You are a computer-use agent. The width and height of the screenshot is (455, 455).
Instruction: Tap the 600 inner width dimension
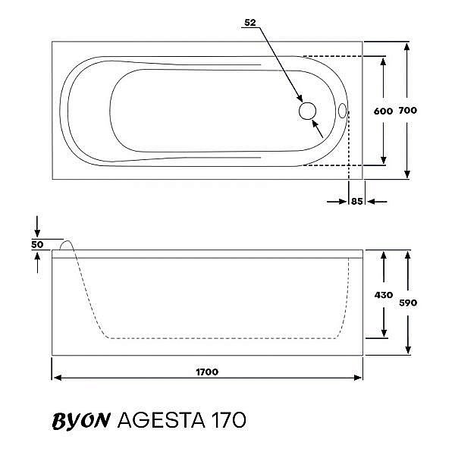coord(383,111)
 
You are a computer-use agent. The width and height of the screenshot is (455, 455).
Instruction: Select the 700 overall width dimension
coord(408,111)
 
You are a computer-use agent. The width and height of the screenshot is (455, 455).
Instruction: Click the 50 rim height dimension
coord(37,244)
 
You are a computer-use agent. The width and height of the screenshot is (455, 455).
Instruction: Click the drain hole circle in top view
coord(307,111)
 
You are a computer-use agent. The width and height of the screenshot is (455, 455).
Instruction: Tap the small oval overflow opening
coord(342,111)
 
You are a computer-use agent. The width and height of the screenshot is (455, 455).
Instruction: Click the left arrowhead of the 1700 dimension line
coord(55,378)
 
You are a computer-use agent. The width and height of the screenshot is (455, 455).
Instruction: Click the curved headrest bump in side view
coord(66,246)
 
